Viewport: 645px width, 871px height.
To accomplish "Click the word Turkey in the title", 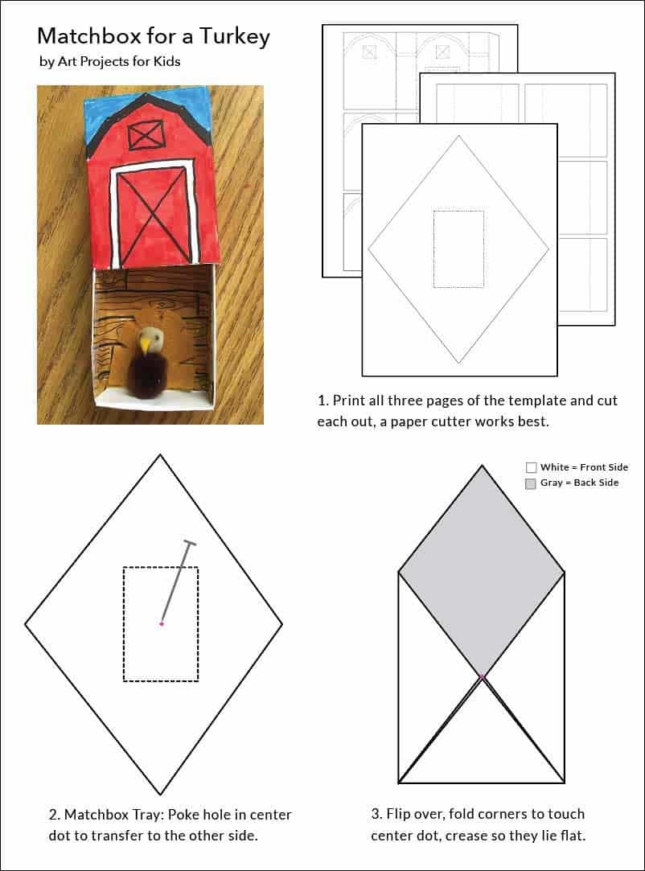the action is coord(235,37).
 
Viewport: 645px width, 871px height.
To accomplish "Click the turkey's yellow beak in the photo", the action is coord(145,346).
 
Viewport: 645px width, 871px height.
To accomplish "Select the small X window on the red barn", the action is coord(146,135).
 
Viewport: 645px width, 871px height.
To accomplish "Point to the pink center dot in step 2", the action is coord(162,624).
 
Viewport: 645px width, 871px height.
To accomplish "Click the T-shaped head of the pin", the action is coord(190,542).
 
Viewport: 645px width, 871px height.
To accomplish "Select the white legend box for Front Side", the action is coord(531,467).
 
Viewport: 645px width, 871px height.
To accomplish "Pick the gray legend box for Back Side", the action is coord(531,483).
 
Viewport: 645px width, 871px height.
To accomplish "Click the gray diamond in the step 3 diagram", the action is coord(482,571).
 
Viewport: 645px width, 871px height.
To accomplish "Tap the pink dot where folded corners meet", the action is coord(482,677).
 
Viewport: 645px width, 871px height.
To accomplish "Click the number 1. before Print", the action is coord(323,401).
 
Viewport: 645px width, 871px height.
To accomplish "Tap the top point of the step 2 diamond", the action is coord(160,455).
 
